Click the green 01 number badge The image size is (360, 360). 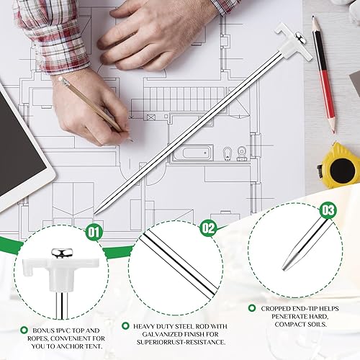[93, 232]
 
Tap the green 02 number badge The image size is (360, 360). [209, 228]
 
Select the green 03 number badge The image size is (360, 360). [328, 210]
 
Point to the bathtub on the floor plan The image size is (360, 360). [192, 153]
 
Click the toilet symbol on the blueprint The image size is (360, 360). [228, 153]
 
